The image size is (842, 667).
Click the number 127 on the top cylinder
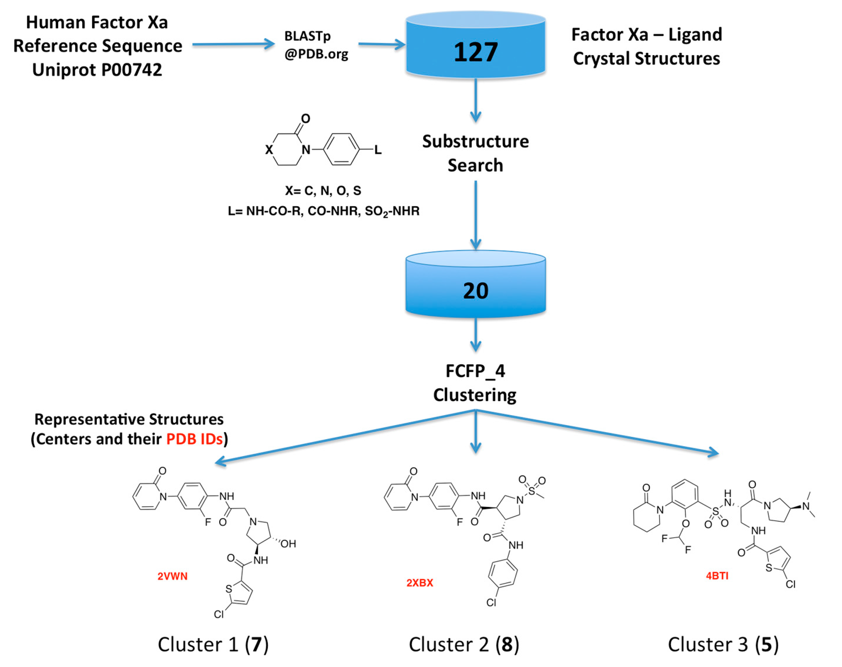pyautogui.click(x=475, y=52)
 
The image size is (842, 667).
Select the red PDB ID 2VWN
pyautogui.click(x=172, y=577)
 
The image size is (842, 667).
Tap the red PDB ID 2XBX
pyautogui.click(x=420, y=583)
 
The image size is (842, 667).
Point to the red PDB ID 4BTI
pyautogui.click(x=717, y=576)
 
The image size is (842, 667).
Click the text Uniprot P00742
pyautogui.click(x=97, y=70)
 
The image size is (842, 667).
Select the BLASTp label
pyautogui.click(x=307, y=36)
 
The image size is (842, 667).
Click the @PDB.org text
pyautogui.click(x=316, y=54)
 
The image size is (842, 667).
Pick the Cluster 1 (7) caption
pyautogui.click(x=213, y=645)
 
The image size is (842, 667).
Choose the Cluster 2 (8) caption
pyautogui.click(x=464, y=645)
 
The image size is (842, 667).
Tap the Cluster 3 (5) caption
pyautogui.click(x=723, y=645)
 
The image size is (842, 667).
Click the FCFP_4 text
pyautogui.click(x=475, y=371)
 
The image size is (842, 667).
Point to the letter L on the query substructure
pyautogui.click(x=378, y=150)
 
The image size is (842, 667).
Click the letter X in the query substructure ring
pyautogui.click(x=269, y=150)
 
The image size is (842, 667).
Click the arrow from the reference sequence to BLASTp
pyautogui.click(x=233, y=44)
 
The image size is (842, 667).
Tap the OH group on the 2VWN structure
pyautogui.click(x=288, y=544)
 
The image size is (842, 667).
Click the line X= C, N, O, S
pyautogui.click(x=323, y=191)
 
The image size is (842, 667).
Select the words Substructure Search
pyautogui.click(x=475, y=153)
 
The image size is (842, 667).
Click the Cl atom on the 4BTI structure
pyautogui.click(x=790, y=584)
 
